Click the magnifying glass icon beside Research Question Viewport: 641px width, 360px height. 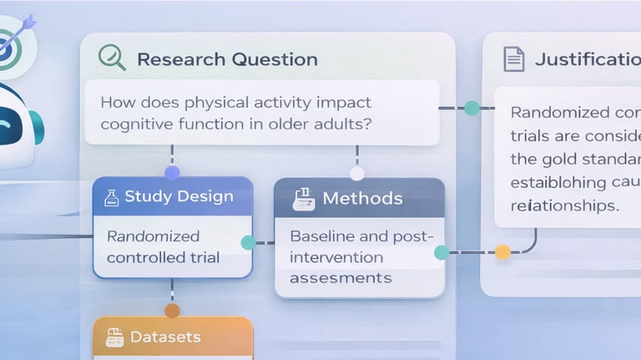(112, 57)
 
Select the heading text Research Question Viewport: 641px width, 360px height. (227, 59)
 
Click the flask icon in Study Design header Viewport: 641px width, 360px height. (109, 197)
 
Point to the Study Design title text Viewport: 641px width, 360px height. (179, 197)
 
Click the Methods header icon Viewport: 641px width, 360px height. (303, 199)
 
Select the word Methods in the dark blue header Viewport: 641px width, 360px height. (362, 199)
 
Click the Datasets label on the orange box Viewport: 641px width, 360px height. (165, 337)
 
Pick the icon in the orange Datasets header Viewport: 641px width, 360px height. (114, 337)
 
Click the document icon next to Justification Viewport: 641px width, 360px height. (514, 59)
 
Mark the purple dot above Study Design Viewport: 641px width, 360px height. (172, 173)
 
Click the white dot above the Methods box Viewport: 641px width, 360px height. (357, 174)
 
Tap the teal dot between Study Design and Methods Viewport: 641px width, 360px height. (248, 243)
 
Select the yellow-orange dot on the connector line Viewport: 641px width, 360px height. (502, 251)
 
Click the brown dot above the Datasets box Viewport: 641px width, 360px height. (172, 311)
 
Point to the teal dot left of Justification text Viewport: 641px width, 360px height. (472, 108)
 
